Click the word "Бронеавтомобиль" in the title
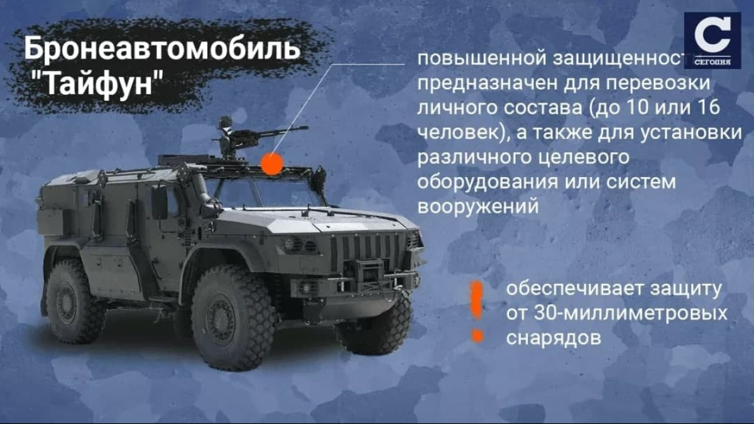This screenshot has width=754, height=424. tap(162, 48)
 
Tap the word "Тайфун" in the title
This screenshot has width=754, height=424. tap(99, 83)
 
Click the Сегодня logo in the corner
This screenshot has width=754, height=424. tap(713, 40)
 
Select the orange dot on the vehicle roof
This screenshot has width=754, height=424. tap(272, 164)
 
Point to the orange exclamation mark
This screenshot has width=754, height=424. tap(477, 312)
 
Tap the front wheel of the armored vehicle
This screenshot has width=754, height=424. tap(232, 317)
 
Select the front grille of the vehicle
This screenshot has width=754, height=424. tap(366, 251)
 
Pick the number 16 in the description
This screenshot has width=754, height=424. tap(709, 107)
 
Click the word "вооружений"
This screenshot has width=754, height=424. tap(478, 206)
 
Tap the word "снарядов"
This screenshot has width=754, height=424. tap(554, 337)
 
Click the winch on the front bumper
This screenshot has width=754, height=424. tap(368, 271)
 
